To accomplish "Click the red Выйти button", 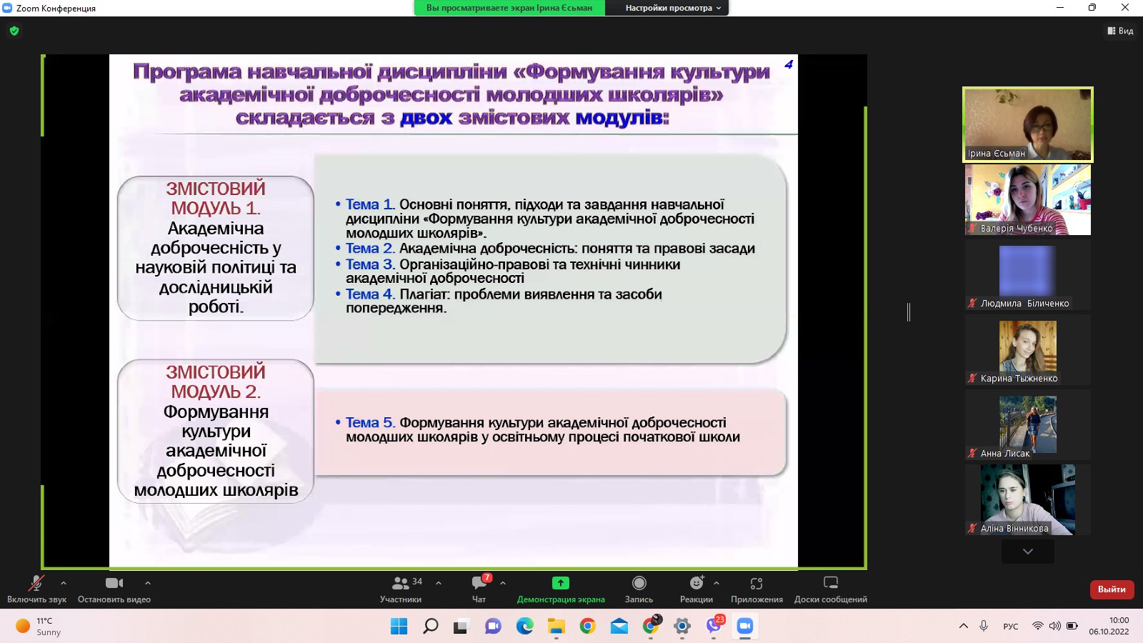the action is coord(1112,589).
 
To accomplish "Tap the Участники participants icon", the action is coord(401,583).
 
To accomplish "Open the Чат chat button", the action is coord(479,583).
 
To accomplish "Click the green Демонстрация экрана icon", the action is coord(560,583).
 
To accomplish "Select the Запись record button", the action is coord(639,583).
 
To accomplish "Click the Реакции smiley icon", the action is coord(697,583).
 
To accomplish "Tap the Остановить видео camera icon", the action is coord(114,583).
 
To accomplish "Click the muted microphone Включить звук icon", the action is coord(36,583).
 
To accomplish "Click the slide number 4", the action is coord(789,64).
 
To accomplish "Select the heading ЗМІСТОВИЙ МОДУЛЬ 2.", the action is coord(216,382).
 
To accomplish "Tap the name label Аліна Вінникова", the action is coord(1014,529).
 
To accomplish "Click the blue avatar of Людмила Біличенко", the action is coord(1027,271).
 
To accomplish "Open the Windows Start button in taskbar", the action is coord(399,626).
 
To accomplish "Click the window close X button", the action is coord(1125,7).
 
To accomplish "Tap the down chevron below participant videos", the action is coord(1028,552).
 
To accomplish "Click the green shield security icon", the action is coord(14,31).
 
